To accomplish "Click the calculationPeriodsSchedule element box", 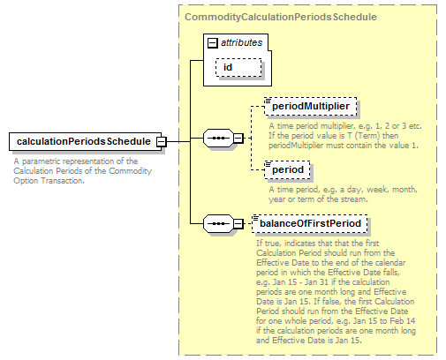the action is [86, 141].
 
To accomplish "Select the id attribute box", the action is [238, 67].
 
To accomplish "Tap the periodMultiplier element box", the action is [311, 106].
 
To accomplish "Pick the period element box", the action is [287, 169].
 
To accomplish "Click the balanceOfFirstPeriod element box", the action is [310, 223].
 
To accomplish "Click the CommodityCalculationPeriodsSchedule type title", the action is [281, 17].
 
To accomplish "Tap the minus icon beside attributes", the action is [213, 43].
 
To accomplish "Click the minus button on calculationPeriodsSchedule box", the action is [162, 142].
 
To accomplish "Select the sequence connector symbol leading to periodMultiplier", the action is [218, 138].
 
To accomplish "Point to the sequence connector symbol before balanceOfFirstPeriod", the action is [218, 224].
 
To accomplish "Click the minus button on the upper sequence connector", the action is [238, 138].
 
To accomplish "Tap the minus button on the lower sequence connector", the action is [238, 224].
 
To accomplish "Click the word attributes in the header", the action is [241, 42].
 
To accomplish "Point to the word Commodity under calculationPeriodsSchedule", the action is [130, 171].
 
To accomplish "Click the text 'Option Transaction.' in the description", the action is [49, 181].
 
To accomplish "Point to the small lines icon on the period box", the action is [268, 164].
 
